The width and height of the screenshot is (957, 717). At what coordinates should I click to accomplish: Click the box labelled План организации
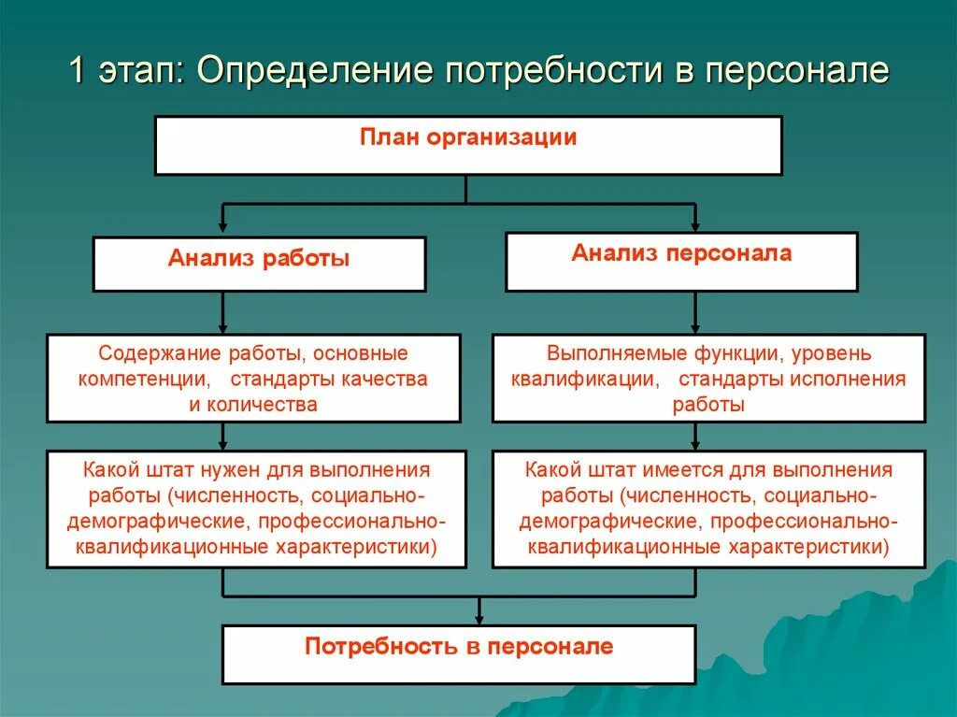tap(467, 146)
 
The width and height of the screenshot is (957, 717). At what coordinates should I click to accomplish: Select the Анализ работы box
tap(259, 263)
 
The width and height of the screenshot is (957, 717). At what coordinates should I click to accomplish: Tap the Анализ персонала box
tap(681, 262)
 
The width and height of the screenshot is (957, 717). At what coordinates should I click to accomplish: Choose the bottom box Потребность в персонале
tap(459, 652)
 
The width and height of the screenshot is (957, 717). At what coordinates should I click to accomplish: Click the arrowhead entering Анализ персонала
tap(695, 224)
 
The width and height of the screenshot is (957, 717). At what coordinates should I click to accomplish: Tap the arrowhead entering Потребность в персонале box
tap(478, 618)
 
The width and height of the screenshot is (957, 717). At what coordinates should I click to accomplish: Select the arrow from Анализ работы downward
tap(222, 313)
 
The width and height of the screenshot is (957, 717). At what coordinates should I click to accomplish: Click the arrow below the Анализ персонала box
tap(695, 313)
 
